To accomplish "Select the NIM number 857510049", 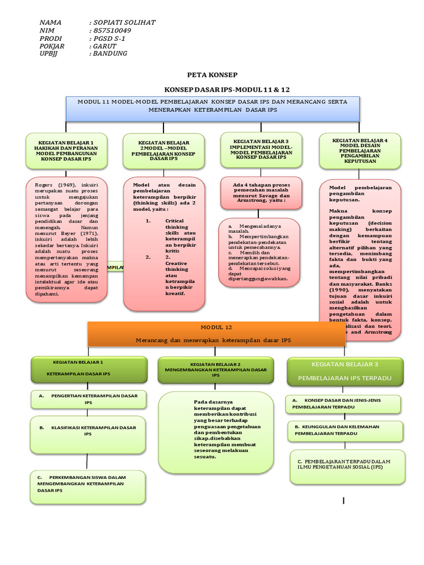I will point(113,30).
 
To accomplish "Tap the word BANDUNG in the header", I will point(110,54).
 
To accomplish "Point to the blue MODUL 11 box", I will point(213,107).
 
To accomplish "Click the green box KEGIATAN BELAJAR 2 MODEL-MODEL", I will point(164,151).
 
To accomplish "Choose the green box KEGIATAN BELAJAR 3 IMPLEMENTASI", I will point(262,150).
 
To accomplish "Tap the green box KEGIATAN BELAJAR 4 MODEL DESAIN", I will point(359,151).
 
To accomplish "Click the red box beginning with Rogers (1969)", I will point(66,239).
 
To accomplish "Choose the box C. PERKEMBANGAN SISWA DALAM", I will point(88,483).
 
